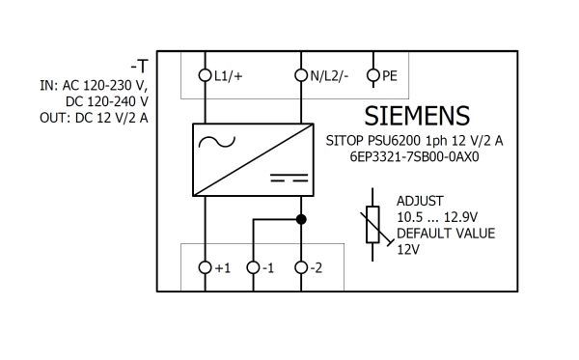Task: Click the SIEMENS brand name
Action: [417, 116]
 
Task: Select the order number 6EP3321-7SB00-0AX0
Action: [414, 157]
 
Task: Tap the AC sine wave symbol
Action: [217, 142]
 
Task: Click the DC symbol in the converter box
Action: [289, 178]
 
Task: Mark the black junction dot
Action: [301, 219]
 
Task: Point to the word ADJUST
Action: [420, 201]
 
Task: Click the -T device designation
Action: [139, 67]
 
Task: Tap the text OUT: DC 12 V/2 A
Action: [94, 118]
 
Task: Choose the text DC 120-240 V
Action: [107, 101]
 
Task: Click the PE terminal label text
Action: [390, 75]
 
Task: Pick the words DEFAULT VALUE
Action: [446, 234]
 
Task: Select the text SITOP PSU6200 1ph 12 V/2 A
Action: [414, 141]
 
